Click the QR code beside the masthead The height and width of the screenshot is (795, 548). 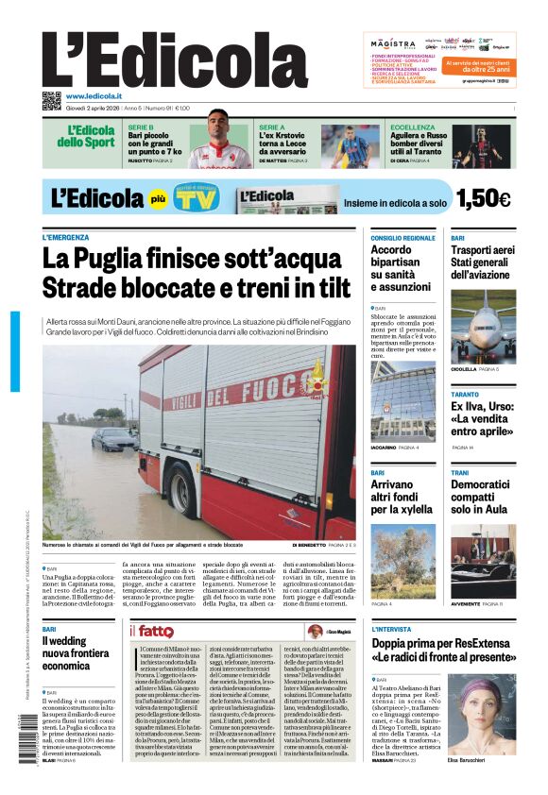pos(51,101)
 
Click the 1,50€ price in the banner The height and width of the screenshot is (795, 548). pos(483,198)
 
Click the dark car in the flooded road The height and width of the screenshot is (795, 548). pos(113,438)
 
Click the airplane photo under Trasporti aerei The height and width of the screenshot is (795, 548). pos(483,327)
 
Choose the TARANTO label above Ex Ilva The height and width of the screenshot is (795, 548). pos(465,394)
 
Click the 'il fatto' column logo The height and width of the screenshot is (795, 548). pos(153,631)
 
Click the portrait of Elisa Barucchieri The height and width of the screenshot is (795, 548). pos(481,714)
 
